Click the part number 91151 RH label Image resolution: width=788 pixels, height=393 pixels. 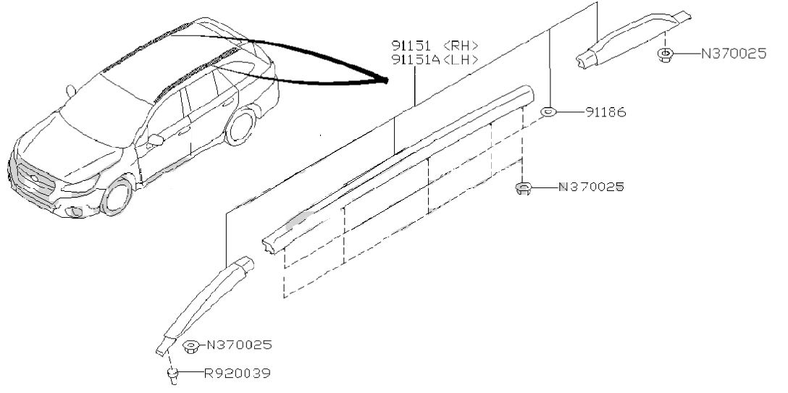435,46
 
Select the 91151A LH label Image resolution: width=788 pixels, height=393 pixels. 435,60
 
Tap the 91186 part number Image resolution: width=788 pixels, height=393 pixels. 605,112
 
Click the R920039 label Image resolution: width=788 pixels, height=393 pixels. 238,373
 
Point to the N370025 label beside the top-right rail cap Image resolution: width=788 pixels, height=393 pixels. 734,54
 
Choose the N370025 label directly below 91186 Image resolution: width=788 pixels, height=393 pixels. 591,187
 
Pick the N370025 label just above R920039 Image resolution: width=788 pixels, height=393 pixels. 239,345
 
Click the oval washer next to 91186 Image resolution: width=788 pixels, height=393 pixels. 548,111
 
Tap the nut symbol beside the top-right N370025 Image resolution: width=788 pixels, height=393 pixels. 665,55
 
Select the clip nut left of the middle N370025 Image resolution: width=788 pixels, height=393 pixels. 523,188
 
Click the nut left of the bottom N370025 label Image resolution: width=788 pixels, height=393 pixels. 190,347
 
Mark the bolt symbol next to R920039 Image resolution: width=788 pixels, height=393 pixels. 172,376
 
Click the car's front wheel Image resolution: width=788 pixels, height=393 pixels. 117,195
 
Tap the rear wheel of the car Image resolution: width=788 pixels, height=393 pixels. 240,127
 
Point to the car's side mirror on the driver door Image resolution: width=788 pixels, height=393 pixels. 155,140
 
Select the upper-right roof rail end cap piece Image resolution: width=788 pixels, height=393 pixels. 633,39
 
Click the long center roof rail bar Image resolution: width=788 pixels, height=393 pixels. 397,168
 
